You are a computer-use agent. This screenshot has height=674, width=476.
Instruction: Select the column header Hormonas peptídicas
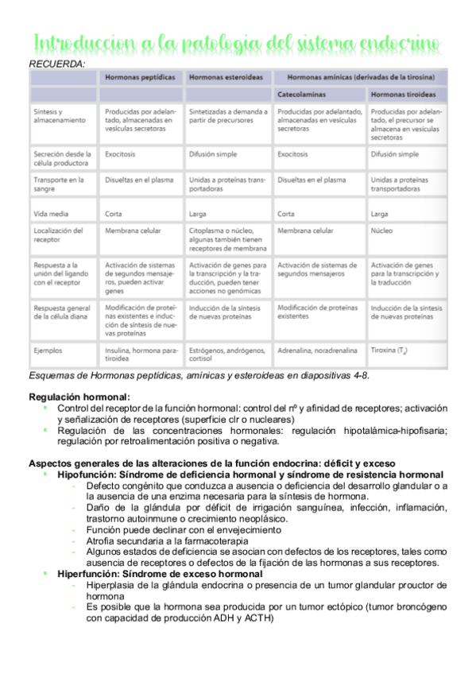pos(141,77)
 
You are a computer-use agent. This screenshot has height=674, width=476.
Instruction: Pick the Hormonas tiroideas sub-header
pos(404,94)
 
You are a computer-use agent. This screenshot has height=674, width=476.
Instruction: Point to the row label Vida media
pos(52,213)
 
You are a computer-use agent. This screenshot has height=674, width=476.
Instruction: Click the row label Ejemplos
pos(48,349)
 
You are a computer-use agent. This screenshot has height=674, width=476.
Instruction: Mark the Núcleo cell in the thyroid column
pos(382,230)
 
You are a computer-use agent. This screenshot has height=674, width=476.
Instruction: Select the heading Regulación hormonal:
pos(79,396)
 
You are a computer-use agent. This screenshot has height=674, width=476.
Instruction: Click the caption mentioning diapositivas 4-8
pos(199,374)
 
